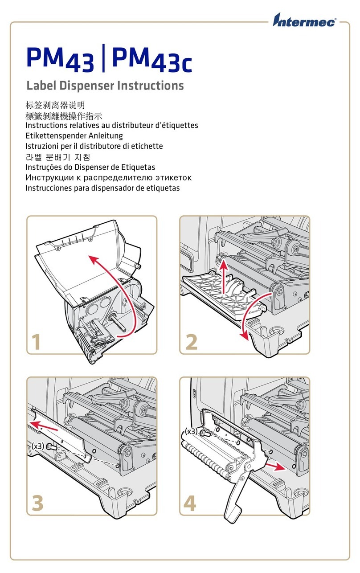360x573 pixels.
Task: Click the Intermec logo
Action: coord(305,21)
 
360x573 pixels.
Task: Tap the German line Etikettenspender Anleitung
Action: coord(74,135)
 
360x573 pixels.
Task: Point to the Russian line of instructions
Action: coord(109,177)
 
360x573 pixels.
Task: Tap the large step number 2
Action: coord(191,342)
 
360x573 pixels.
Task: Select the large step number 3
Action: coord(38,503)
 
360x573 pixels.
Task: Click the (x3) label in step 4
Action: coord(191,431)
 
